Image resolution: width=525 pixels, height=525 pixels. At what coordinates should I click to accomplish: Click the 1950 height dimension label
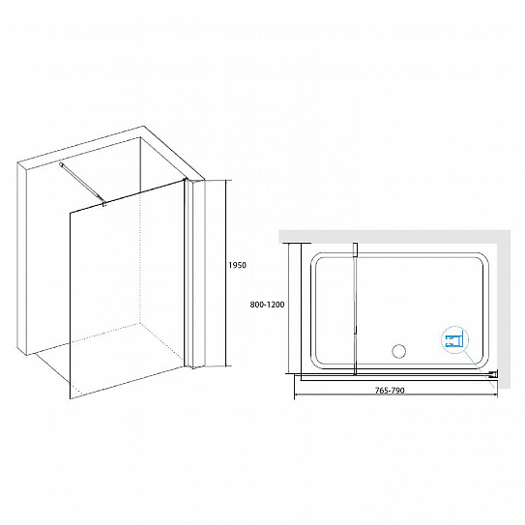click(x=238, y=265)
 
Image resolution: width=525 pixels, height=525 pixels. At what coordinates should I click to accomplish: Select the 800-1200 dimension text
click(x=267, y=305)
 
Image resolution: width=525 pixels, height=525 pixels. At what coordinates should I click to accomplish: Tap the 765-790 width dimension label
click(x=390, y=391)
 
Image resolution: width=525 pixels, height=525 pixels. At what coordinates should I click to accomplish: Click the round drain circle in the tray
click(x=398, y=351)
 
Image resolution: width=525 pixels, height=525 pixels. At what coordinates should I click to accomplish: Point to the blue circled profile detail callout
click(x=455, y=340)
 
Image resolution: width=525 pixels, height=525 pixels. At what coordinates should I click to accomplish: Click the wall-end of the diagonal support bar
click(x=62, y=164)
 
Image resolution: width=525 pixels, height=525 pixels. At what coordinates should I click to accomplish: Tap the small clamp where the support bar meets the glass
click(x=104, y=203)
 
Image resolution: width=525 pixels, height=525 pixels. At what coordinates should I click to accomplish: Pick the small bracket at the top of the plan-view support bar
click(x=355, y=249)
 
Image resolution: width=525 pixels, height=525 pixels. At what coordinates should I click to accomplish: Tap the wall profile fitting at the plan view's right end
click(x=494, y=373)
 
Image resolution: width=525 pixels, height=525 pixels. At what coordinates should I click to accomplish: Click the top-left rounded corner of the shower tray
click(x=315, y=258)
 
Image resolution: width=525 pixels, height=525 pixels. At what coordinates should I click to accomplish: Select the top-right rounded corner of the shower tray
click(x=483, y=258)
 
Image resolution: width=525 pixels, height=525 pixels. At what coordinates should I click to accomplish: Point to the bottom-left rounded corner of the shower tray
click(x=315, y=364)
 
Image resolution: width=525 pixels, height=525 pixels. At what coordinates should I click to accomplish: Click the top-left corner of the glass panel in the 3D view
click(x=70, y=213)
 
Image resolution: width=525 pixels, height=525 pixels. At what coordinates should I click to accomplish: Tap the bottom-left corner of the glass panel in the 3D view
click(x=70, y=399)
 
